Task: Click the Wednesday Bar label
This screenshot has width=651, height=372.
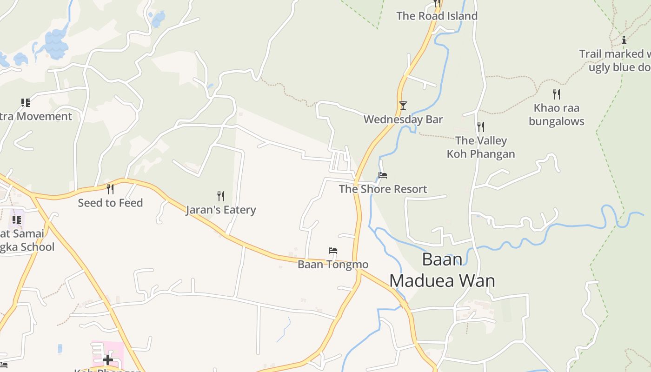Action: click(x=403, y=120)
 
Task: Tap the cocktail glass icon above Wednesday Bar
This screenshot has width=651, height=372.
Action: click(x=403, y=106)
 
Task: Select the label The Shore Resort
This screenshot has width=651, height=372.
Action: click(x=383, y=189)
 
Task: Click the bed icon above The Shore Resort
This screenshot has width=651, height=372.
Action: click(x=383, y=175)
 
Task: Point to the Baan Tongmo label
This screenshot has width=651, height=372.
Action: click(x=333, y=265)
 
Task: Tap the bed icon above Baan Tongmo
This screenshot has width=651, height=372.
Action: click(x=333, y=251)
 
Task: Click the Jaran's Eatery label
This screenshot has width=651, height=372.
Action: click(x=221, y=210)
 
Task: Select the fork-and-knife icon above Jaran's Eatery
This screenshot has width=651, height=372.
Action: click(x=221, y=196)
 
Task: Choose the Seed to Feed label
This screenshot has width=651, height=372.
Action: click(x=110, y=203)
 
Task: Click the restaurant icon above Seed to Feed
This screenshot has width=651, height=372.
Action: click(x=110, y=189)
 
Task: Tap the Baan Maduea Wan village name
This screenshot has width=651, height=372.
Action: click(x=442, y=270)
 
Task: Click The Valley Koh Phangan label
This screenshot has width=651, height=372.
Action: click(x=481, y=147)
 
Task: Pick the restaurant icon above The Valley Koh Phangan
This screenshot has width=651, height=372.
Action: click(x=481, y=126)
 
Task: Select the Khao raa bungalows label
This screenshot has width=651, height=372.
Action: click(x=557, y=115)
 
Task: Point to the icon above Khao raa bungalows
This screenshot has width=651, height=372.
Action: click(x=557, y=94)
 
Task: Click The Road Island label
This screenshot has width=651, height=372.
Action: click(x=437, y=16)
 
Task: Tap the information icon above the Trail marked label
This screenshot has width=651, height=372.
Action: click(x=624, y=40)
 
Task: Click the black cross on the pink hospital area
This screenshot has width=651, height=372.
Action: click(x=108, y=359)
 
